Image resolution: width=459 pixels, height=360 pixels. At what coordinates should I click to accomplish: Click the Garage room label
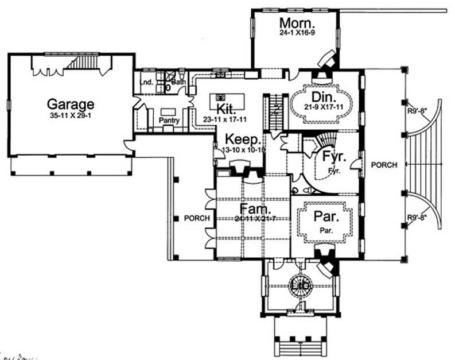coord(70,104)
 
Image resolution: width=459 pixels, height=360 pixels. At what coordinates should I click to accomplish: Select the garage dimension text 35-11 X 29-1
coord(70,115)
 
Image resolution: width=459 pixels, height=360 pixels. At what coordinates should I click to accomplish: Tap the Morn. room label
coord(297,24)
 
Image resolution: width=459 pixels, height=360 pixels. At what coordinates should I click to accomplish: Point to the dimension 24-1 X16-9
coord(297,34)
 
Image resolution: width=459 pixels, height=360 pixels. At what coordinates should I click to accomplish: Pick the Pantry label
coord(170,121)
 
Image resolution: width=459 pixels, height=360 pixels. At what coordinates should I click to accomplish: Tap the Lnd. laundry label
coord(146,83)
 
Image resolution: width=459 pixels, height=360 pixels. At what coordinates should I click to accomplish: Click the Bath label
coord(178,82)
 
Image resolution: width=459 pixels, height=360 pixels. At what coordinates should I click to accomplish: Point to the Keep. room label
coord(243,140)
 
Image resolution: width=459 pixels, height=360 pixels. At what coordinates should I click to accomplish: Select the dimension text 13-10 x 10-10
coord(242,150)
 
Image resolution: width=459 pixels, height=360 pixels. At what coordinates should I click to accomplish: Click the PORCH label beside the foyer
coord(384,165)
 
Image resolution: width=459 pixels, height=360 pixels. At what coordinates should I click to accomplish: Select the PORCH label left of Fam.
coord(195,219)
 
